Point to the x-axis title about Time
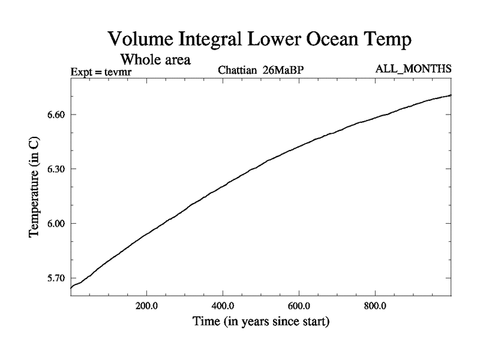coord(260,322)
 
